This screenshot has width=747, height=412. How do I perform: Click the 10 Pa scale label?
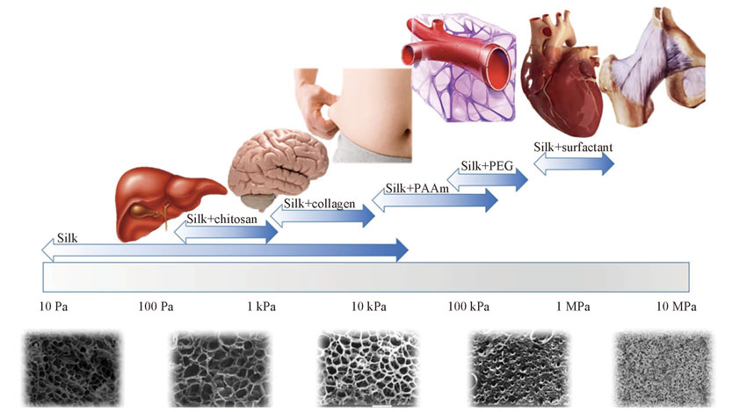[54, 307]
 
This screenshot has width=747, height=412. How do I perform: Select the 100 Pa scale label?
[156, 307]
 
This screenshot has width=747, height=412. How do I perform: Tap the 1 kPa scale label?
[261, 307]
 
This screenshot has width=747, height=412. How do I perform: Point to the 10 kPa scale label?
[369, 307]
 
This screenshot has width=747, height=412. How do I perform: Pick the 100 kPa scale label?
[468, 307]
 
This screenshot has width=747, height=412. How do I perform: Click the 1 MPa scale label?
[573, 307]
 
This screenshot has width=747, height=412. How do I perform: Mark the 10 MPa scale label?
[676, 307]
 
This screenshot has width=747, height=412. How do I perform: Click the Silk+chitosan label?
[221, 219]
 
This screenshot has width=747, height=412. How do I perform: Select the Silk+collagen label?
[320, 204]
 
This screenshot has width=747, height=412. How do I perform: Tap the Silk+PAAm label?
[417, 188]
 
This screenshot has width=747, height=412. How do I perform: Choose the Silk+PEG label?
[487, 166]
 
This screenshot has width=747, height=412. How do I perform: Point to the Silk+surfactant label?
[573, 147]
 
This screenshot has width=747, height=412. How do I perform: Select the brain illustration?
[278, 168]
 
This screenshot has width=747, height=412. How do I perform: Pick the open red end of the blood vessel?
[498, 68]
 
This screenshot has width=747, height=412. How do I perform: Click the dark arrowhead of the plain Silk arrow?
[401, 250]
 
